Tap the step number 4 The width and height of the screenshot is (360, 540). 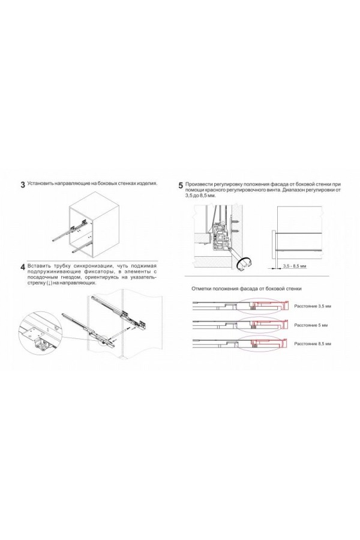click(x=22, y=266)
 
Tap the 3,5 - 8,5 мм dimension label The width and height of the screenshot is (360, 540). click(x=294, y=265)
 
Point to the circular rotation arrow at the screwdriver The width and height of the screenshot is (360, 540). click(x=245, y=262)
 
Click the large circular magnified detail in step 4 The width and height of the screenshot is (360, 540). click(x=41, y=336)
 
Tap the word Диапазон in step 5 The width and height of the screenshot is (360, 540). click(x=300, y=190)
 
